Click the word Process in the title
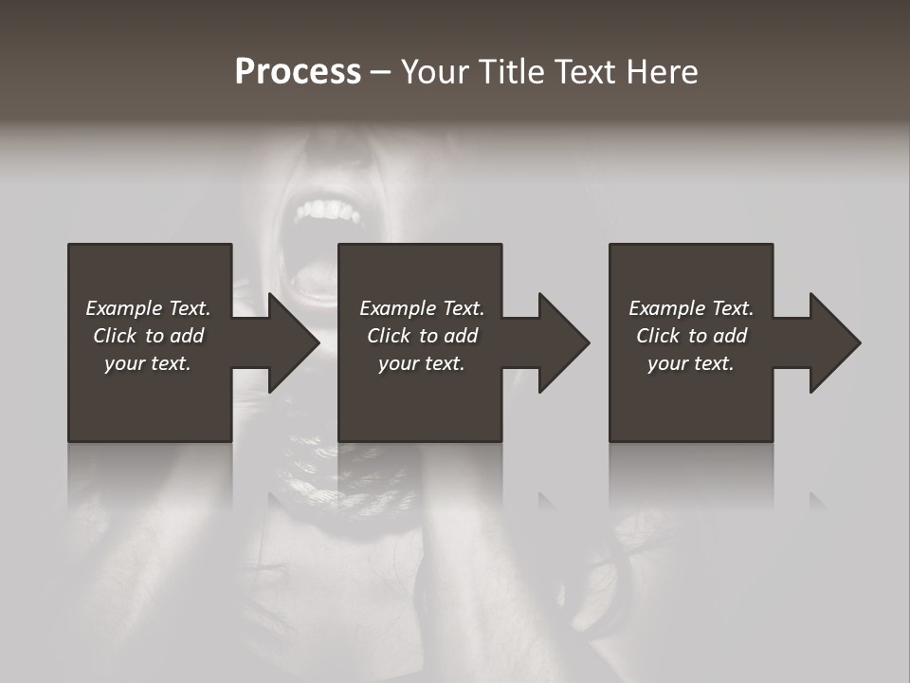click(x=298, y=72)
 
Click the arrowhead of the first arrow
click(x=294, y=342)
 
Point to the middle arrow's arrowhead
click(x=564, y=342)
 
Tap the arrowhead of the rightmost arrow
click(x=835, y=342)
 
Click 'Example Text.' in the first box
click(x=148, y=308)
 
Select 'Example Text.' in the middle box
click(x=422, y=308)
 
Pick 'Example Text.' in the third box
click(x=691, y=308)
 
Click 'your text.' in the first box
click(x=148, y=363)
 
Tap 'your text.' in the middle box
click(x=422, y=363)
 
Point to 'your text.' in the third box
click(x=691, y=363)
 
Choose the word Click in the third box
click(x=659, y=336)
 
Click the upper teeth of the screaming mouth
click(x=322, y=209)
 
